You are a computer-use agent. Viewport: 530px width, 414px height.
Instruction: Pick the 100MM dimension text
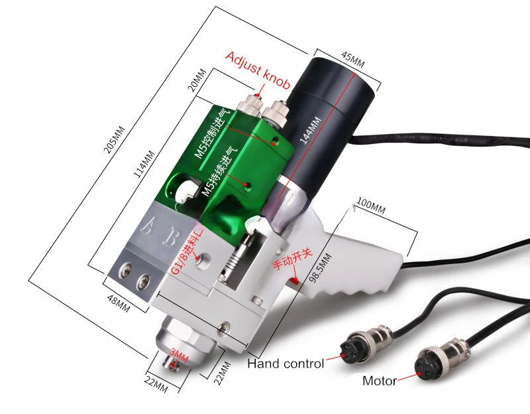tap(370, 208)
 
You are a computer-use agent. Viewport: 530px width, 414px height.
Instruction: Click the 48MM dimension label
tap(119, 303)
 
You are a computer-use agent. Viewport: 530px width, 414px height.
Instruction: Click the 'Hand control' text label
tap(286, 364)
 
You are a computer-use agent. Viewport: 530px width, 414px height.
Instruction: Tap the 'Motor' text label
tap(380, 381)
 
